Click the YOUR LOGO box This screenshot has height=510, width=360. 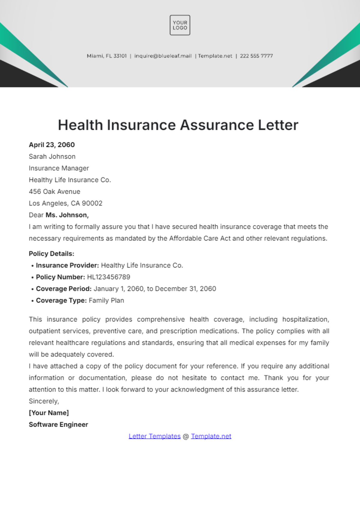[180, 25]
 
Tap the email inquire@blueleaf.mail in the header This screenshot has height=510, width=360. [163, 56]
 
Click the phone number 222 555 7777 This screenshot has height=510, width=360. [256, 56]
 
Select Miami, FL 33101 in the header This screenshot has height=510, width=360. [106, 56]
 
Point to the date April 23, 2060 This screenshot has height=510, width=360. [52, 145]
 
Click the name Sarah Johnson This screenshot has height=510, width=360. [52, 157]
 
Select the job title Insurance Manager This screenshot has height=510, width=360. [59, 168]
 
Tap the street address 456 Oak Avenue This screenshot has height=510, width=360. [54, 192]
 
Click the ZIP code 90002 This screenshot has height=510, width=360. [92, 203]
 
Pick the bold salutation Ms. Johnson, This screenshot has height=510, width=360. [67, 215]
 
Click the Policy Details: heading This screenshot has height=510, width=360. [51, 254]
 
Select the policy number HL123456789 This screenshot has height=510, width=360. [109, 277]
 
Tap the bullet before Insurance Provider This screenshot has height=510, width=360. [32, 266]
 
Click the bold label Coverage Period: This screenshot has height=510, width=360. [64, 289]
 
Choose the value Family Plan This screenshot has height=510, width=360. [106, 300]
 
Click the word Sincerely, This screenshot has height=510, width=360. [44, 401]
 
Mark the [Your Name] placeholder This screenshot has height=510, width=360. [49, 413]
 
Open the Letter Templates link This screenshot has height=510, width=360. [154, 436]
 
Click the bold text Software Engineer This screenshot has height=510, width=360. [58, 425]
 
